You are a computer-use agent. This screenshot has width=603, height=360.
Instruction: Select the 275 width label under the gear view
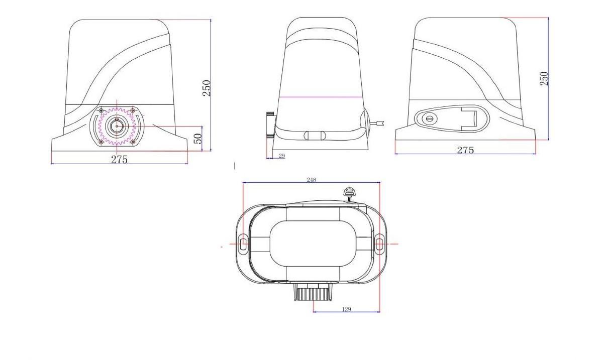click(119, 159)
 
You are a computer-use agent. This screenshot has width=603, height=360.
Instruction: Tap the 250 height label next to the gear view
click(206, 88)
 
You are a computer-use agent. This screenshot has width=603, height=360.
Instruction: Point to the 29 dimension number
click(281, 156)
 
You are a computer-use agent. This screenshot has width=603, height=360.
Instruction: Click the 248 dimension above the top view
click(311, 180)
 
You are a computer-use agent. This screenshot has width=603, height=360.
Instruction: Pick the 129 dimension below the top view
click(346, 309)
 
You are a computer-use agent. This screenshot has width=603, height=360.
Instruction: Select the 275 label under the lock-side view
click(465, 150)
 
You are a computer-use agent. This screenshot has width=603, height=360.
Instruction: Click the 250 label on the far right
click(544, 78)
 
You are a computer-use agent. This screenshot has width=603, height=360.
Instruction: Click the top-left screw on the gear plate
click(102, 110)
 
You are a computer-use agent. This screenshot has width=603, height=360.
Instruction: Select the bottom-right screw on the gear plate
click(133, 142)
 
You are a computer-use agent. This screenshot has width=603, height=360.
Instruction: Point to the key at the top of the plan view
click(348, 193)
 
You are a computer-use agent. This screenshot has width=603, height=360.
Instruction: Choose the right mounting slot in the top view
click(379, 244)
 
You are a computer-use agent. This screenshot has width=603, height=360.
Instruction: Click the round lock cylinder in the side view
click(430, 119)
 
